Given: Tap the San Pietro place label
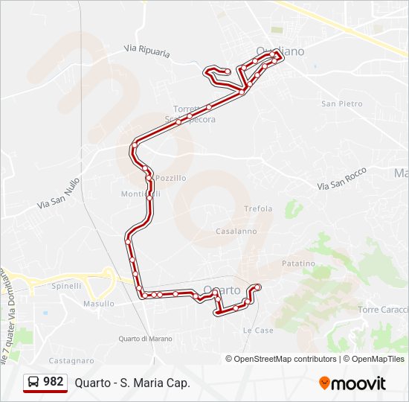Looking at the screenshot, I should pyautogui.click(x=341, y=103).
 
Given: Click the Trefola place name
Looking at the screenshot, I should pyautogui.click(x=258, y=208).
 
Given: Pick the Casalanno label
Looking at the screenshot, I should pyautogui.click(x=236, y=232).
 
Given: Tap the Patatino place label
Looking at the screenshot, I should pyautogui.click(x=298, y=264).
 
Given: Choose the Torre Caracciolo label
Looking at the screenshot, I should pyautogui.click(x=382, y=310).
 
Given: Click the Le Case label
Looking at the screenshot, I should pyautogui.click(x=258, y=330).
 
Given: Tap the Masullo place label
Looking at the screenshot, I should pyautogui.click(x=99, y=304).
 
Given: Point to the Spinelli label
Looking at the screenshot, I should pyautogui.click(x=66, y=286).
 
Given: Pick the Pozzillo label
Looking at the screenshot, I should pyautogui.click(x=171, y=179).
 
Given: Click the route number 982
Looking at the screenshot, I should pyautogui.click(x=53, y=382).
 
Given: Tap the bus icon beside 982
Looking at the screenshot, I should pyautogui.click(x=33, y=383).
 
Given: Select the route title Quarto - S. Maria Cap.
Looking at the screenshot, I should pyautogui.click(x=132, y=383).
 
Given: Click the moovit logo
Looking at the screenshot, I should pyautogui.click(x=352, y=383).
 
